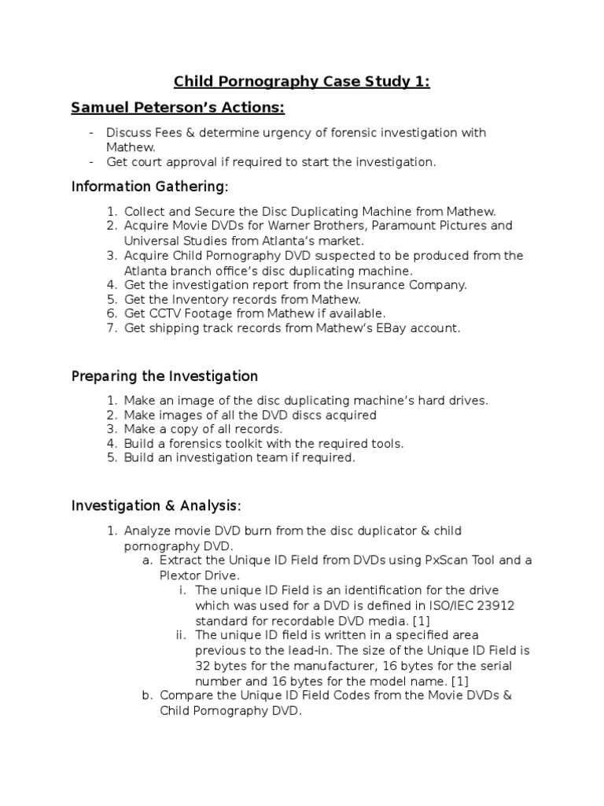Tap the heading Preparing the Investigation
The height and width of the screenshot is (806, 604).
click(x=164, y=376)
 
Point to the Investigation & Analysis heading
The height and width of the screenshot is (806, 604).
click(x=156, y=505)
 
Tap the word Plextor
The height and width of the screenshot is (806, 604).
click(x=179, y=575)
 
